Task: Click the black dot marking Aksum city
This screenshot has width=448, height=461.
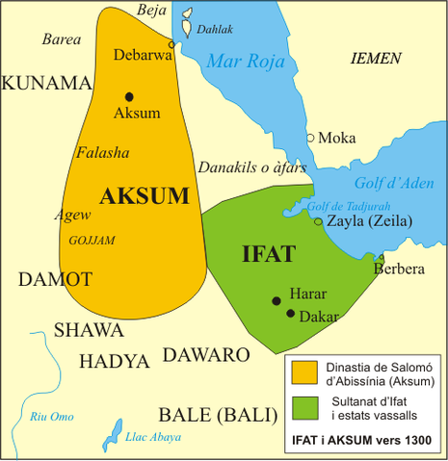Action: coord(128,95)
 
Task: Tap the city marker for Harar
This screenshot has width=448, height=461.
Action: coord(277,300)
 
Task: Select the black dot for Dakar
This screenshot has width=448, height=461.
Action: coord(291,313)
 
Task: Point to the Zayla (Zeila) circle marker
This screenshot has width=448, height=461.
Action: coord(319,221)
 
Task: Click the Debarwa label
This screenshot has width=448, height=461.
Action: coord(142,55)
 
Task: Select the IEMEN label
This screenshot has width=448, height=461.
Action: coord(375,59)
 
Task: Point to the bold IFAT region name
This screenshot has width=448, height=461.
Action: coord(268,255)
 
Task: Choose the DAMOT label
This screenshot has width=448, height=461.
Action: coord(55,279)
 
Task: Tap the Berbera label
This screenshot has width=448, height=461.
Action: coord(398,269)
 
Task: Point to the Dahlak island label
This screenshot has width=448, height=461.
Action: coord(214,30)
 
